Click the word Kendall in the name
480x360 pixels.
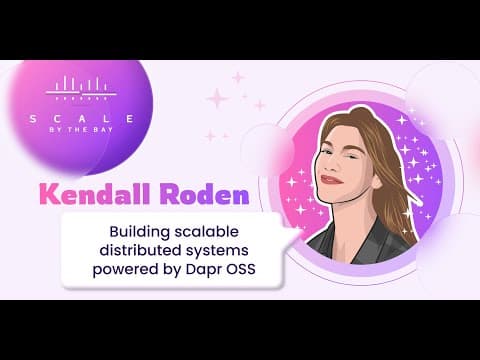coord(95,194)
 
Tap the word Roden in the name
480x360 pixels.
coord(204,194)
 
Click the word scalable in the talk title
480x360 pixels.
coord(207,231)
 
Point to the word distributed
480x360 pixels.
coord(140,250)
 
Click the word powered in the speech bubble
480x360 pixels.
coord(125,270)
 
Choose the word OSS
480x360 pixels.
coord(241,269)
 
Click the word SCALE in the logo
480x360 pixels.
coord(82,119)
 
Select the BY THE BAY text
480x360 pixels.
coord(81,130)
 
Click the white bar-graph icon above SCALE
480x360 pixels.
coord(81,88)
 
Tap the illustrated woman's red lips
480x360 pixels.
coord(331,180)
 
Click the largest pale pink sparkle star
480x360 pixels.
coord(218,98)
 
